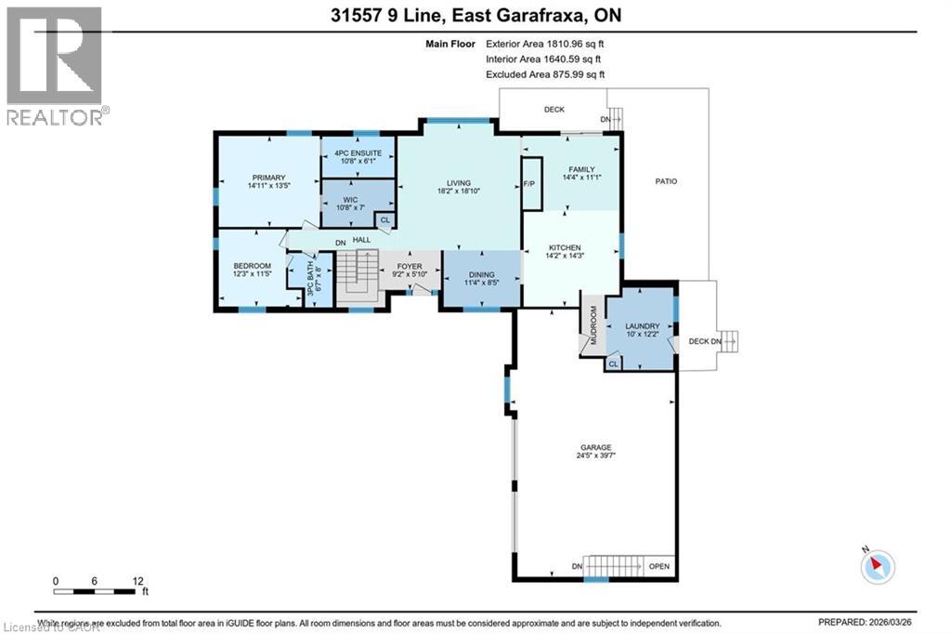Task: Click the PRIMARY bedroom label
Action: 267,178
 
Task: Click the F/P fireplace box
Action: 530,183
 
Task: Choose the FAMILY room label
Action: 582,169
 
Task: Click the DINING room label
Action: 481,274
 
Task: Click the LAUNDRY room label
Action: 642,326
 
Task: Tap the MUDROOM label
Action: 592,325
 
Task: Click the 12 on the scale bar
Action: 138,581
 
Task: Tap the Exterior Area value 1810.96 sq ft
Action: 577,43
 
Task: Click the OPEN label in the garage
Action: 659,567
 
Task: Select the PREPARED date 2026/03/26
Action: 914,623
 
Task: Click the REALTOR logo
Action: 55,65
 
